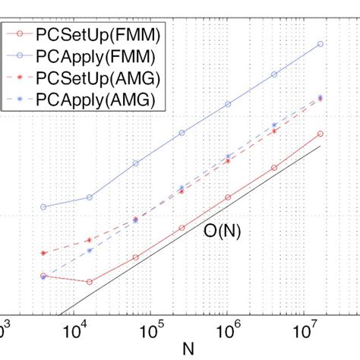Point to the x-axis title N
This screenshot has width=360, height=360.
[x=187, y=349]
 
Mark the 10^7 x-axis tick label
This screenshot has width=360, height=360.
[x=304, y=332]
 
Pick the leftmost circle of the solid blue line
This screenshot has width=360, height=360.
[x=43, y=207]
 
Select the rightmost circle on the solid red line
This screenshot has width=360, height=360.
[x=321, y=134]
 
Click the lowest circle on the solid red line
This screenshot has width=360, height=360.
[x=90, y=282]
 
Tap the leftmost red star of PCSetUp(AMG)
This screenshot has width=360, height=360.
[x=43, y=253]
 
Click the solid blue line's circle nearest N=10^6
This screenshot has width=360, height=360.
[x=228, y=104]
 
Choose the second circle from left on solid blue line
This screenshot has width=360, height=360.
[x=90, y=197]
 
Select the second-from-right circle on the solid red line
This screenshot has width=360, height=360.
[x=274, y=167]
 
